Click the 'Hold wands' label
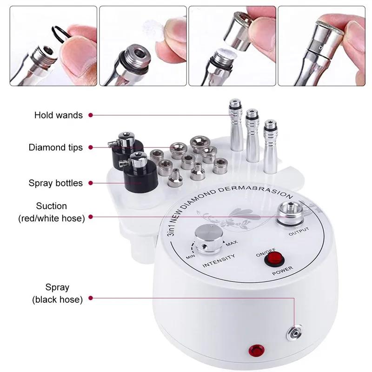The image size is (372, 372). point(59,115)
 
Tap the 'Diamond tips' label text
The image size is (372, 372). point(55,147)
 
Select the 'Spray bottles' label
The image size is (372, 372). point(55,183)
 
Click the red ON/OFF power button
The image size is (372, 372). point(274,259)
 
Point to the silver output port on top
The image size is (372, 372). point(290,213)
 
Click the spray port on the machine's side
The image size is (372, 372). point(294,333)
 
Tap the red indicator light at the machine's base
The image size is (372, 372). point(257,351)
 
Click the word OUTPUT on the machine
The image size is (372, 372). point(299,231)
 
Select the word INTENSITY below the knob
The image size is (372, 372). point(219,260)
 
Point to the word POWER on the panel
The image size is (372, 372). point(282,271)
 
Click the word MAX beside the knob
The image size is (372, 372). point(231,243)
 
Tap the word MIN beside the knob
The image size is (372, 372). point(190,257)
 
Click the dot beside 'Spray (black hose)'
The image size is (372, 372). point(90,298)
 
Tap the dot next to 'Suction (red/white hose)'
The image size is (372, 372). point(90,217)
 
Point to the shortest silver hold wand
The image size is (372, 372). point(270,146)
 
